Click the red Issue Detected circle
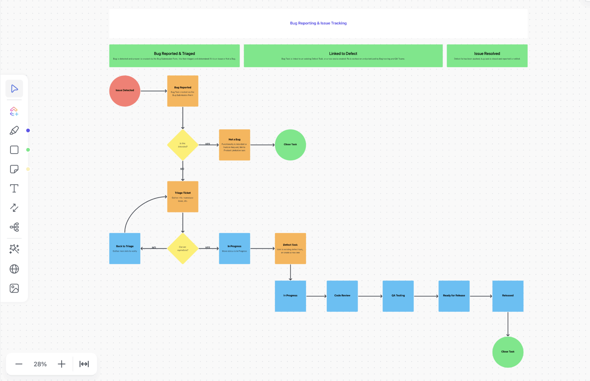pos(125,91)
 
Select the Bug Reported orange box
pos(183,91)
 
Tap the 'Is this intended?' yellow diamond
pos(183,145)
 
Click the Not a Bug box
pos(234,145)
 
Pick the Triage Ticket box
pos(183,196)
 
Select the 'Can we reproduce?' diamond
pos(183,248)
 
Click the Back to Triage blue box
pos(125,248)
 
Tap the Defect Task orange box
pos(290,248)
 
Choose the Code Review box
pos(342,296)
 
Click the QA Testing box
pos(398,296)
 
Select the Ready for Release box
pos(454,296)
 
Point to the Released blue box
pos(508,296)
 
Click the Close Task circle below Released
pos(508,352)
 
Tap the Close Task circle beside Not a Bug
pos(290,145)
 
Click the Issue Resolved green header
pos(487,56)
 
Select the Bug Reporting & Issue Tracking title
pos(318,23)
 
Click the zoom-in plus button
pos(61,364)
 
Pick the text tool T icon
pos(14,189)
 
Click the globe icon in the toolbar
pos(14,269)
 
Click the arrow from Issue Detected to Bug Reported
pos(153,91)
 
